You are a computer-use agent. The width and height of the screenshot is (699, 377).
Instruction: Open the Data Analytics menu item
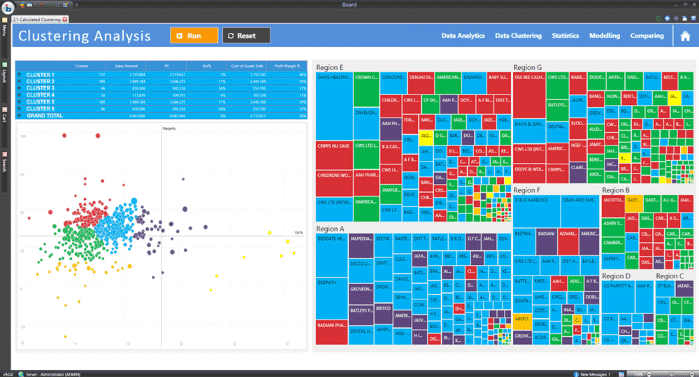(463, 36)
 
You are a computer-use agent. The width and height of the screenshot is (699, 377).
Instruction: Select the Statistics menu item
(565, 36)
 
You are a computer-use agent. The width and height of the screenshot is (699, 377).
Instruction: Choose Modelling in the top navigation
(605, 36)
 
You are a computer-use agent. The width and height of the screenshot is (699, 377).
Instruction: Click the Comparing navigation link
(647, 36)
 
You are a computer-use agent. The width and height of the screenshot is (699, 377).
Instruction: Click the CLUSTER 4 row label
(41, 95)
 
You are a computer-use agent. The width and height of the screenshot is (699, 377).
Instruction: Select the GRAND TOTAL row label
(43, 115)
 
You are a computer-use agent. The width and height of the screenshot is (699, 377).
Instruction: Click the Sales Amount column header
(131, 64)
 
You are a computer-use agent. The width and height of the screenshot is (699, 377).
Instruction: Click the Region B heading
(616, 190)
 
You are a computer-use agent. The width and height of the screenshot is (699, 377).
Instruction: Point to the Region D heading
(617, 276)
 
